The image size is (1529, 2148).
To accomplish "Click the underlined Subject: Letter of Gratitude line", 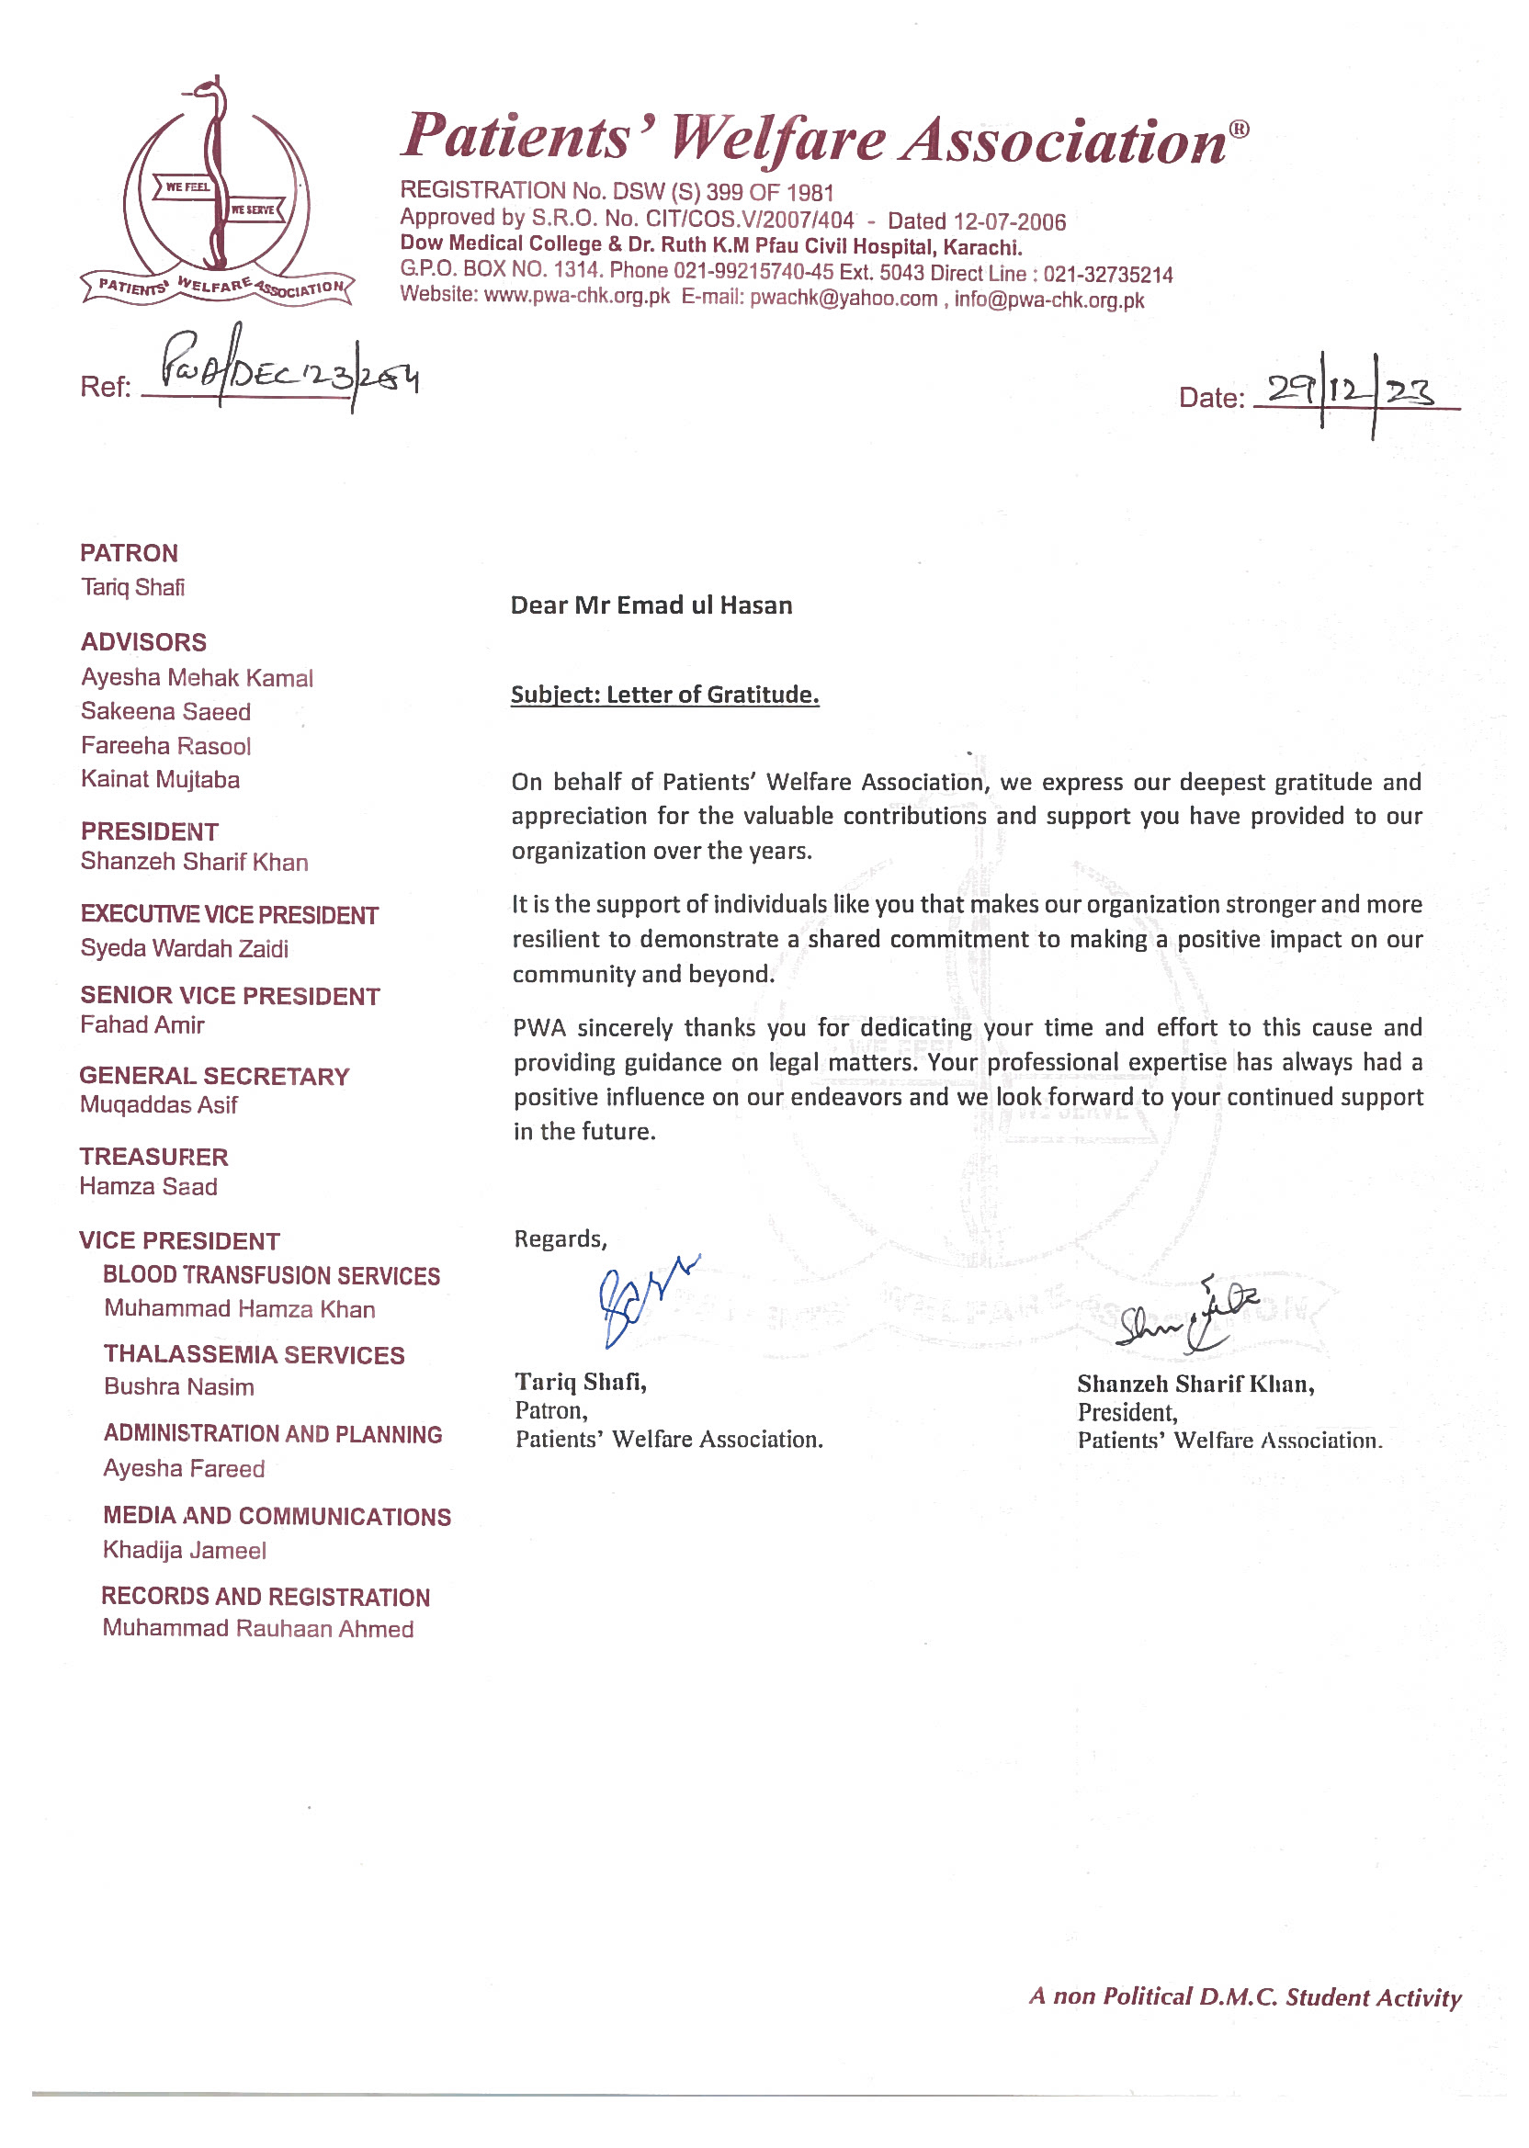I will [x=664, y=695].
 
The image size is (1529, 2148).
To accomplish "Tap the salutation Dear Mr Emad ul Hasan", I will [x=651, y=605].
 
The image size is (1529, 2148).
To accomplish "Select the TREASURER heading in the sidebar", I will [x=153, y=1157].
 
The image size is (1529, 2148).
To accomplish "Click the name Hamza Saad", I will [x=148, y=1187].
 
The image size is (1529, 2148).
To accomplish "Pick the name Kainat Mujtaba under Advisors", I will [x=160, y=779].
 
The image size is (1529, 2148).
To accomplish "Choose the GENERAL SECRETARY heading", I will [x=214, y=1076].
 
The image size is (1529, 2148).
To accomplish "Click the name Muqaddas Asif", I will [x=158, y=1105].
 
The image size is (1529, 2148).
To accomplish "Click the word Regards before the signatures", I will [x=560, y=1238].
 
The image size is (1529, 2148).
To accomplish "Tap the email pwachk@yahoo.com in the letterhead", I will [x=843, y=299].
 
